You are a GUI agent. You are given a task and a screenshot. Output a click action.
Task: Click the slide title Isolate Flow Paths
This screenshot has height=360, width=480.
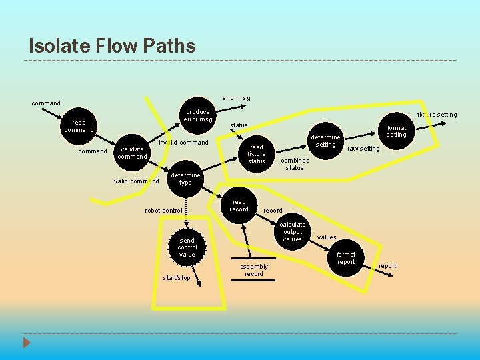[112, 46]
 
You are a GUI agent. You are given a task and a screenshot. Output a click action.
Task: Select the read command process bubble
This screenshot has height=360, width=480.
[79, 127]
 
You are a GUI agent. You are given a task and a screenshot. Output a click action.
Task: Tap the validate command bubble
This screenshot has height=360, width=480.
[132, 153]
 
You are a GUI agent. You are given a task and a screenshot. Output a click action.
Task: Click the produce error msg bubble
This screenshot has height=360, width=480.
[198, 116]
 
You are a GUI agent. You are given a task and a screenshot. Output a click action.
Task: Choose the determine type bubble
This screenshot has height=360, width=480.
[185, 179]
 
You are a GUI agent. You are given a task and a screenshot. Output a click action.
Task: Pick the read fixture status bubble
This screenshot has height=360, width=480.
[256, 154]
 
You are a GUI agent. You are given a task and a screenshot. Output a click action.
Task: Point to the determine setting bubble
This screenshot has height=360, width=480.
[325, 141]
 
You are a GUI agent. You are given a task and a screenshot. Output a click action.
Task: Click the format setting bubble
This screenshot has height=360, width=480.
[396, 131]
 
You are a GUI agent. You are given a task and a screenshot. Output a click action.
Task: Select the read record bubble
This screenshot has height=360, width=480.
[239, 205]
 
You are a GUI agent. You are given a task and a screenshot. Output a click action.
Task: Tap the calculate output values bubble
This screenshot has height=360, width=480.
[293, 232]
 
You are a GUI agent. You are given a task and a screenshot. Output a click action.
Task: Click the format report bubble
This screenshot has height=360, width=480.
[346, 258]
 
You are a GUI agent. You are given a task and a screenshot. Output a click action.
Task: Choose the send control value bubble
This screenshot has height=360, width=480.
[187, 247]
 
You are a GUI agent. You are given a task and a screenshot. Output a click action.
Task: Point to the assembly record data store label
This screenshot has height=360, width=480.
[253, 270]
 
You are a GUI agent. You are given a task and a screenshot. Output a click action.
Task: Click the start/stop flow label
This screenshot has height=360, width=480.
[177, 278]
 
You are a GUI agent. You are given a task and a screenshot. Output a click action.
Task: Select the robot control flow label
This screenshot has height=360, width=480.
[163, 211]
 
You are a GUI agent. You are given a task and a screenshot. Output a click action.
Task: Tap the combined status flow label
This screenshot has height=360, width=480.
[295, 164]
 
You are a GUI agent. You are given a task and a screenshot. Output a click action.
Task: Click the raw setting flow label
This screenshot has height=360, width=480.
[363, 149]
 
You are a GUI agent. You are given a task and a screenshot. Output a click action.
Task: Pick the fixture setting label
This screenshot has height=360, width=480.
[437, 115]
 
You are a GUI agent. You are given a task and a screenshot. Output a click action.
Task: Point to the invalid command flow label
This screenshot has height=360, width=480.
[184, 143]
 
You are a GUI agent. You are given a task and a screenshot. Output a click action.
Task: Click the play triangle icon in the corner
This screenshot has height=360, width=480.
[27, 343]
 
